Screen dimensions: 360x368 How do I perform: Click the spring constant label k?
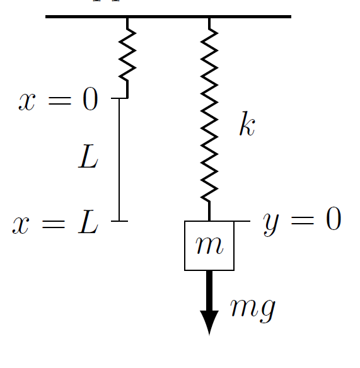pyautogui.click(x=247, y=124)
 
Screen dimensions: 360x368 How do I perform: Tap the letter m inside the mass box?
pyautogui.click(x=209, y=245)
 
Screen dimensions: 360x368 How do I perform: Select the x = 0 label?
pyautogui.click(x=58, y=99)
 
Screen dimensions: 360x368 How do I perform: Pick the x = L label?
pyautogui.click(x=55, y=222)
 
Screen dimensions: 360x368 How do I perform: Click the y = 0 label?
pyautogui.click(x=302, y=221)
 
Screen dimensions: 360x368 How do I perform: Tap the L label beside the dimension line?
pyautogui.click(x=88, y=156)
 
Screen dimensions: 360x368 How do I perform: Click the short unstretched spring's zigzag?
pyautogui.click(x=127, y=55)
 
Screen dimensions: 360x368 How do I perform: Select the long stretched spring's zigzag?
pyautogui.click(x=209, y=115)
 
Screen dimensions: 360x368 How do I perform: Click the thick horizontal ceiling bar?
pyautogui.click(x=168, y=16)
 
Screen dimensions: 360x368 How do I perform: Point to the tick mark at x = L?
pyautogui.click(x=120, y=221)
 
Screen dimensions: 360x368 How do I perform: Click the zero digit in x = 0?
pyautogui.click(x=90, y=99)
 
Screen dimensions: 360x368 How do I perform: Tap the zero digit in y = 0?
pyautogui.click(x=334, y=219)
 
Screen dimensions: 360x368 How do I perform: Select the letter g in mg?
pyautogui.click(x=267, y=311)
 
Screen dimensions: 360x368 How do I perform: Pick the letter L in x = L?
pyautogui.click(x=88, y=222)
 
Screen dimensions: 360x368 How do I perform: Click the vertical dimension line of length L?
pyautogui.click(x=119, y=159)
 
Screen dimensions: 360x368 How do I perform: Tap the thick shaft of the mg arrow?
pyautogui.click(x=209, y=291)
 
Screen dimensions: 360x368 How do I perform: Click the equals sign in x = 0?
pyautogui.click(x=59, y=100)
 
